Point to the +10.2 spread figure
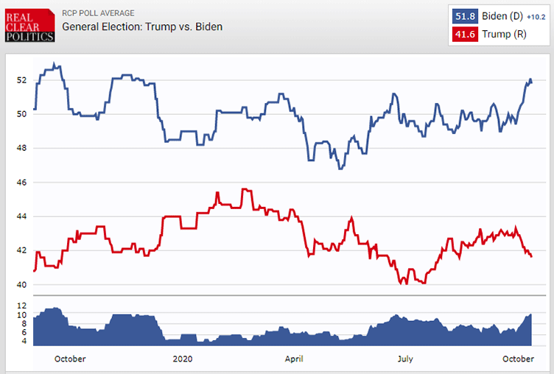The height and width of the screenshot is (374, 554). [x=536, y=16]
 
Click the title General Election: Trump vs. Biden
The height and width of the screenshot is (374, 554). [x=142, y=27]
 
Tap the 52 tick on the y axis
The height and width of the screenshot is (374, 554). [x=21, y=80]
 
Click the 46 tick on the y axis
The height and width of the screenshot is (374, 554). [x=21, y=182]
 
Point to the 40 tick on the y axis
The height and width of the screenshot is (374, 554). [x=21, y=285]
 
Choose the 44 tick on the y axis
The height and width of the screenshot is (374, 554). [x=21, y=216]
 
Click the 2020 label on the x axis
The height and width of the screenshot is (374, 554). [x=182, y=359]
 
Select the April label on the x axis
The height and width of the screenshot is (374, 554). [x=292, y=359]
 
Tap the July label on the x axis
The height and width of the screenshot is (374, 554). [x=404, y=359]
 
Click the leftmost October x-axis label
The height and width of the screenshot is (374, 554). [x=70, y=359]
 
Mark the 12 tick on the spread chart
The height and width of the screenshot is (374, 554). [x=21, y=306]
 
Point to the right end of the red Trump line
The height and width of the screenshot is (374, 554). [x=532, y=256]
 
